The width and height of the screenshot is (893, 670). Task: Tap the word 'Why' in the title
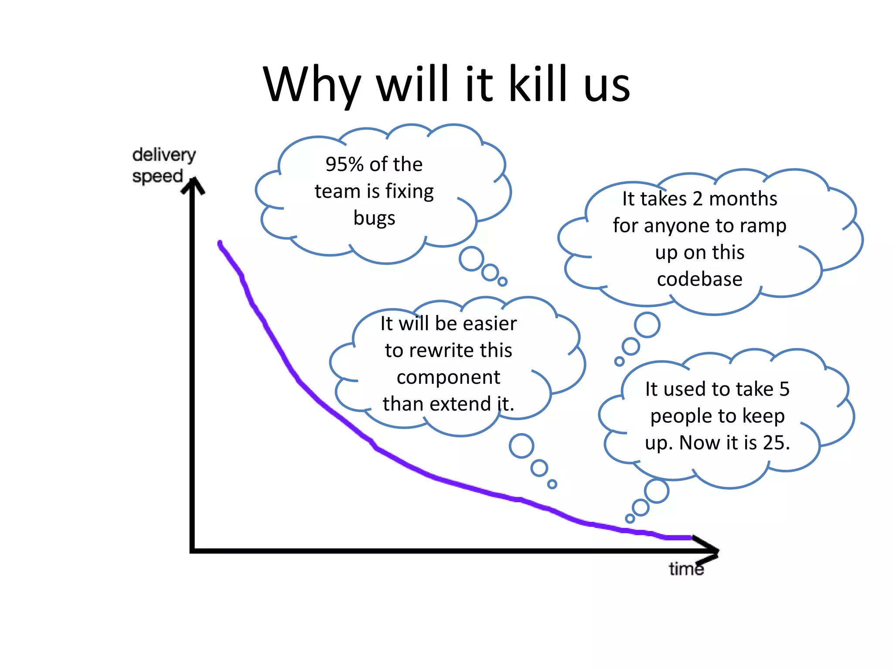click(x=312, y=85)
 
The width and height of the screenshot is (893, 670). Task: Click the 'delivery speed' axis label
click(x=164, y=165)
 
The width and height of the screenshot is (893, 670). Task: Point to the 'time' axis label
click(x=686, y=569)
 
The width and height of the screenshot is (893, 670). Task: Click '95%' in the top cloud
click(x=344, y=164)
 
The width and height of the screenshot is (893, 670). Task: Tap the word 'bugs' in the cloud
click(x=374, y=218)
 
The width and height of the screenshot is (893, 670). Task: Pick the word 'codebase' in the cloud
click(x=699, y=279)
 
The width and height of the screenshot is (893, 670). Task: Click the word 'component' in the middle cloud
click(x=448, y=377)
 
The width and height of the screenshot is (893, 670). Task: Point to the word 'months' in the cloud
click(x=743, y=199)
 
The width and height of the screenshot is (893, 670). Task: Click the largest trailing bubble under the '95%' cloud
click(x=471, y=259)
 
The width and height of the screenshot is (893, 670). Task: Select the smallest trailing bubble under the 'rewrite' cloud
click(x=552, y=484)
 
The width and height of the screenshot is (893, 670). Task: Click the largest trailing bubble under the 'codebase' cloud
click(x=647, y=325)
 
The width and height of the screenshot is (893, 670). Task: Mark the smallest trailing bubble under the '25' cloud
click(x=630, y=519)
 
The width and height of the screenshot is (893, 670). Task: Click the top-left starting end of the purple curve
click(x=220, y=243)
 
